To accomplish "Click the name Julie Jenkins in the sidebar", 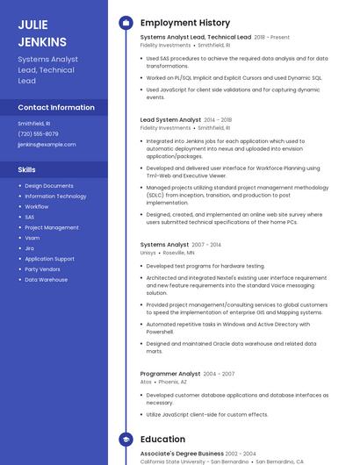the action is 42,33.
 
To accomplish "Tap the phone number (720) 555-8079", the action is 38,134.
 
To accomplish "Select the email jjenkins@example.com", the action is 47,145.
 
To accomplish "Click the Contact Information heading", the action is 56,108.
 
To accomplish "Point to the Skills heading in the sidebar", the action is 27,169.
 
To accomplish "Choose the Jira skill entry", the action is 30,248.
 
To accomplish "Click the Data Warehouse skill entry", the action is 46,280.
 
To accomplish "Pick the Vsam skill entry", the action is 32,238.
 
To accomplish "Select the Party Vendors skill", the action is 43,269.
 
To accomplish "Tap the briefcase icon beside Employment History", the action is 126,23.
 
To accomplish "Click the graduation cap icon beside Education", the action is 126,440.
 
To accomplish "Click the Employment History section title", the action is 184,23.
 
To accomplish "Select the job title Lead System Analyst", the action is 170,119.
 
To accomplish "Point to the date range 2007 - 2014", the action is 206,245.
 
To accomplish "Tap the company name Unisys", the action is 148,253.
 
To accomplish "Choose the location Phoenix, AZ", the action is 172,382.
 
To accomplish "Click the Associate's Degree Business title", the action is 180,454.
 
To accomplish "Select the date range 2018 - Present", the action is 271,38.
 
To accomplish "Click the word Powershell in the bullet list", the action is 160,333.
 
